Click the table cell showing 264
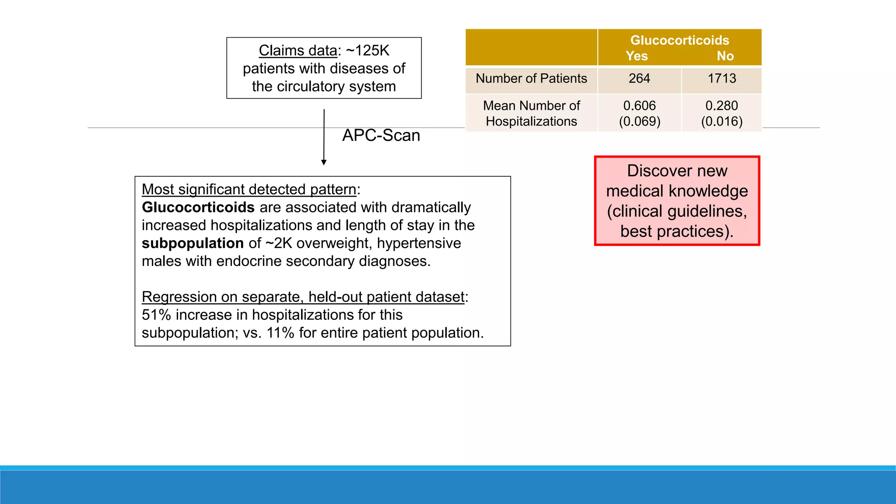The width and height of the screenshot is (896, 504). (639, 79)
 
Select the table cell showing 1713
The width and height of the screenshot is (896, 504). (722, 79)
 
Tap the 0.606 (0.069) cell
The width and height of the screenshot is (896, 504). (639, 113)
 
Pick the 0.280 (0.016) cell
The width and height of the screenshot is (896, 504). (722, 113)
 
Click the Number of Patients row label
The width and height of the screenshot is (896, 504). (531, 79)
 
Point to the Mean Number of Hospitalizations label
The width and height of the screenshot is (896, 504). (531, 113)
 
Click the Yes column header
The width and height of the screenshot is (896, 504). (637, 56)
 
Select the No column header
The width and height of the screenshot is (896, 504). (725, 56)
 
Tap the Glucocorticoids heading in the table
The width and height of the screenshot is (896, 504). (679, 40)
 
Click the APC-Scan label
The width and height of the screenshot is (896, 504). (381, 136)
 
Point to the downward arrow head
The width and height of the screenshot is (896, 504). (324, 162)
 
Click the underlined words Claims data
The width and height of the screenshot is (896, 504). (297, 51)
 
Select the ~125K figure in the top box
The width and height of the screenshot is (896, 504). (367, 51)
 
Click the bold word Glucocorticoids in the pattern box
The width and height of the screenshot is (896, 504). (198, 207)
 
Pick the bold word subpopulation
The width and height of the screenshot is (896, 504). (192, 243)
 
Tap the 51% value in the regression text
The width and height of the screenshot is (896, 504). (156, 315)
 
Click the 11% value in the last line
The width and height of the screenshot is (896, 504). (280, 333)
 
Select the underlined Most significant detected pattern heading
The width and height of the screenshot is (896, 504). (249, 189)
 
